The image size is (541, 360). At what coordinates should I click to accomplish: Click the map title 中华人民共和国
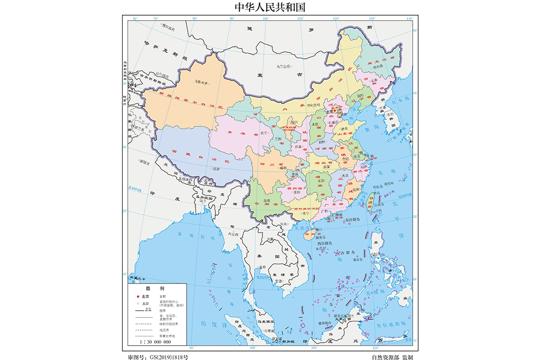[x=270, y=7]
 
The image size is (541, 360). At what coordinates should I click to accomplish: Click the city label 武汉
[x=326, y=166]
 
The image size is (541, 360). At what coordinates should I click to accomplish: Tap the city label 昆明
[x=267, y=201]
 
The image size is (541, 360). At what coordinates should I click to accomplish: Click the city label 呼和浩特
[x=314, y=105]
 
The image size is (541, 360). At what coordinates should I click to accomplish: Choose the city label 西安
[x=297, y=146]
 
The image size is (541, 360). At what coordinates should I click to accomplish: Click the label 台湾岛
[x=377, y=203]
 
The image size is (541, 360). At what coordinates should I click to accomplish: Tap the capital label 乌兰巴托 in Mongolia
[x=284, y=66]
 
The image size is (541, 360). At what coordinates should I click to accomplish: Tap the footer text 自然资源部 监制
[x=392, y=356]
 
